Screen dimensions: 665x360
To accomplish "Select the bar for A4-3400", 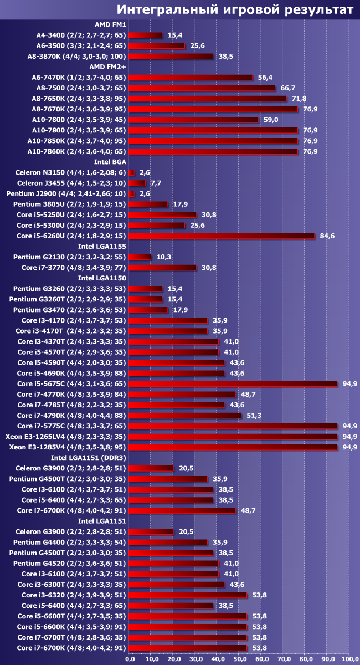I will pyautogui.click(x=145, y=35).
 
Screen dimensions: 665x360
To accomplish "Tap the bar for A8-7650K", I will pyautogui.click(x=207, y=99).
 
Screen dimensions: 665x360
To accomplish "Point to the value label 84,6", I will pyautogui.click(x=326, y=236).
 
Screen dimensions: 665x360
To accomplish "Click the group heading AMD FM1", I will pyautogui.click(x=110, y=24).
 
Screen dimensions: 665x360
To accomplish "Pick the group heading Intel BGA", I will pyautogui.click(x=110, y=162).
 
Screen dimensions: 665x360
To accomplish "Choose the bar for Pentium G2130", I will pyautogui.click(x=140, y=257).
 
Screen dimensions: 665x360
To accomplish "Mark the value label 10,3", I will pyautogui.click(x=162, y=257).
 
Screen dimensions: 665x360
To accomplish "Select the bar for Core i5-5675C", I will pyautogui.click(x=233, y=383).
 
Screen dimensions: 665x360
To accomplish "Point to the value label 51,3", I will pyautogui.click(x=252, y=416).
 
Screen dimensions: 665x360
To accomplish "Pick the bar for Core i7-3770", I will pyautogui.click(x=162, y=268).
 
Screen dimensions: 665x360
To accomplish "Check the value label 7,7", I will pyautogui.click(x=156, y=183).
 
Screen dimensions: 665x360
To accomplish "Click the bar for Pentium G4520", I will pyautogui.click(x=173, y=563).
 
